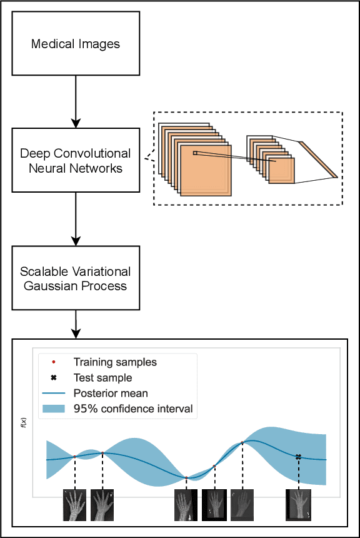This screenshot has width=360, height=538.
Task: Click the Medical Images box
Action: (x=76, y=44)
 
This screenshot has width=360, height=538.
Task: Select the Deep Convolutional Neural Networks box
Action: (x=76, y=160)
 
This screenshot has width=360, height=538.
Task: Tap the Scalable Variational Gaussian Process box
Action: (x=76, y=279)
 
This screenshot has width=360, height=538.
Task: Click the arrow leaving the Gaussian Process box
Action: (x=76, y=323)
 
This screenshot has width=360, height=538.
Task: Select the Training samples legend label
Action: (x=115, y=362)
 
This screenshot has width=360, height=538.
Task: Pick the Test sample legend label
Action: (x=102, y=378)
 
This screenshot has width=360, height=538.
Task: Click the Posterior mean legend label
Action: (x=111, y=393)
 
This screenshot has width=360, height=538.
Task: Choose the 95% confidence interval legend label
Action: (x=133, y=410)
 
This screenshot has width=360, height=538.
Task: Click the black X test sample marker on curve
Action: (x=298, y=457)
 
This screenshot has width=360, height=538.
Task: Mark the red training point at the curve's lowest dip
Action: (x=186, y=478)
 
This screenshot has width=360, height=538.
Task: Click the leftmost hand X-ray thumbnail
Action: (x=75, y=505)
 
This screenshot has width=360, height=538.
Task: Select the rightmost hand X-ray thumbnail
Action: (x=298, y=505)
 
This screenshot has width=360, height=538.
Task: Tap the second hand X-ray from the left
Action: (x=102, y=505)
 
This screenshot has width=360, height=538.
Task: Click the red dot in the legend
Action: (x=54, y=362)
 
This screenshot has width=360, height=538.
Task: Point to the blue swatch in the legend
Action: (x=54, y=410)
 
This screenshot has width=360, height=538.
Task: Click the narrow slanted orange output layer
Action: (x=319, y=159)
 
